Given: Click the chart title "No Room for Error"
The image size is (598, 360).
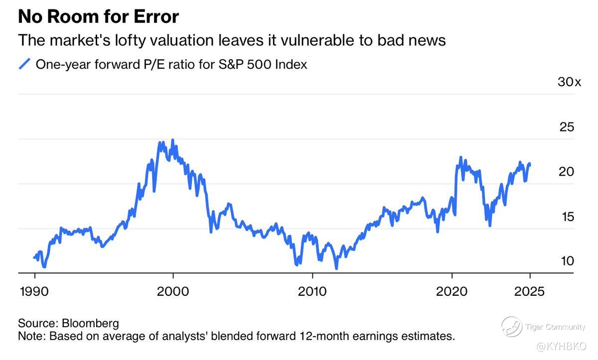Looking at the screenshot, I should pos(98,17).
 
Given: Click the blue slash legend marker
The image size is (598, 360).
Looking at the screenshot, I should pos(24,65).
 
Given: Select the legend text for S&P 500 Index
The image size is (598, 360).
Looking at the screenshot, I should pos(171,65).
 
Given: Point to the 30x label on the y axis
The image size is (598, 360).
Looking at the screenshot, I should pos(569,82).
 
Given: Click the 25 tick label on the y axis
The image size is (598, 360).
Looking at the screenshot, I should pos(567,127).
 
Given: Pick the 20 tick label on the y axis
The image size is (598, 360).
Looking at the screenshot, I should pos(567,172).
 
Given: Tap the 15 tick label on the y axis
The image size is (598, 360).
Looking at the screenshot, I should pos(567,217).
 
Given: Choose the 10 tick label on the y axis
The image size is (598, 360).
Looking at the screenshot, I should pos(567,261).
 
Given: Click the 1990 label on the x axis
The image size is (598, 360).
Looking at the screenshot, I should pos(34,291).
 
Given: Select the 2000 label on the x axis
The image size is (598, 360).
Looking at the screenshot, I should pos(172,291).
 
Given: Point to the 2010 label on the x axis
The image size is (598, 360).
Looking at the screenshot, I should pos(312,291).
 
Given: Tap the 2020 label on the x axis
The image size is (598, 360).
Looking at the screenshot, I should pos(451,291).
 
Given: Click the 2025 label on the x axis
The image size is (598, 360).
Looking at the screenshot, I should pos(529,291).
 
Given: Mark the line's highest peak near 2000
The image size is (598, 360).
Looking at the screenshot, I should pos(172,140).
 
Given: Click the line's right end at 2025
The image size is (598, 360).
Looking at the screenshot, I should pos(529,164).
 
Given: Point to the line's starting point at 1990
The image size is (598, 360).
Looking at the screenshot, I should pos(34,257).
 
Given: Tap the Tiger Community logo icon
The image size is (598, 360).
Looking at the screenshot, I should pos(512,327).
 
